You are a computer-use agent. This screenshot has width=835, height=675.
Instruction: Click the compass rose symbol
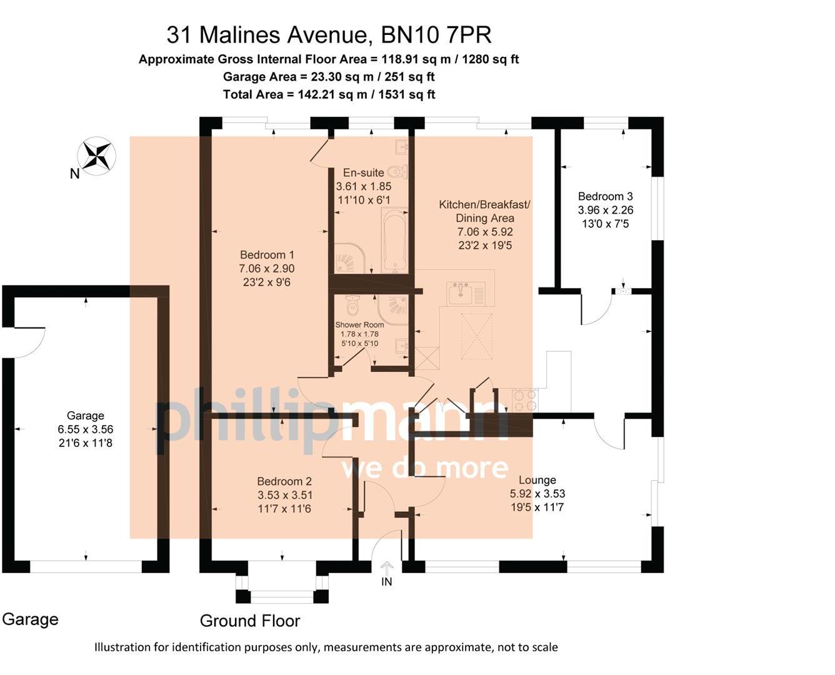pyautogui.click(x=97, y=155)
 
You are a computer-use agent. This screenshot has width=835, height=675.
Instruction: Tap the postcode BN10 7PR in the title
pyautogui.click(x=436, y=35)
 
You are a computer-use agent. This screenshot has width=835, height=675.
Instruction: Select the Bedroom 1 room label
pyautogui.click(x=267, y=255)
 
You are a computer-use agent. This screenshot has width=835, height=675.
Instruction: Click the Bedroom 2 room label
pyautogui.click(x=284, y=481)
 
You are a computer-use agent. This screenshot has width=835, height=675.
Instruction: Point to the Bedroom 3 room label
pyautogui.click(x=605, y=196)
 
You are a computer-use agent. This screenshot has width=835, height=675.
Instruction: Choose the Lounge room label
pyautogui.click(x=537, y=480)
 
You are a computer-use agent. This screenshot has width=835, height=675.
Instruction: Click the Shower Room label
pyautogui.click(x=359, y=324)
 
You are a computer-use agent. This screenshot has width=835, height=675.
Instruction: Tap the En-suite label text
pyautogui.click(x=363, y=172)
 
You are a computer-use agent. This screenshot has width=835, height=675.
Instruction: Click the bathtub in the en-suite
pyautogui.click(x=395, y=241)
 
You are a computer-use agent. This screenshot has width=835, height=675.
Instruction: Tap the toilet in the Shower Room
pyautogui.click(x=352, y=306)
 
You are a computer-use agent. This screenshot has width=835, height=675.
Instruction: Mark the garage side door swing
pyautogui.click(x=28, y=342)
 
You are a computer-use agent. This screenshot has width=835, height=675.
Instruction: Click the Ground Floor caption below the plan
pyautogui.click(x=249, y=621)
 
